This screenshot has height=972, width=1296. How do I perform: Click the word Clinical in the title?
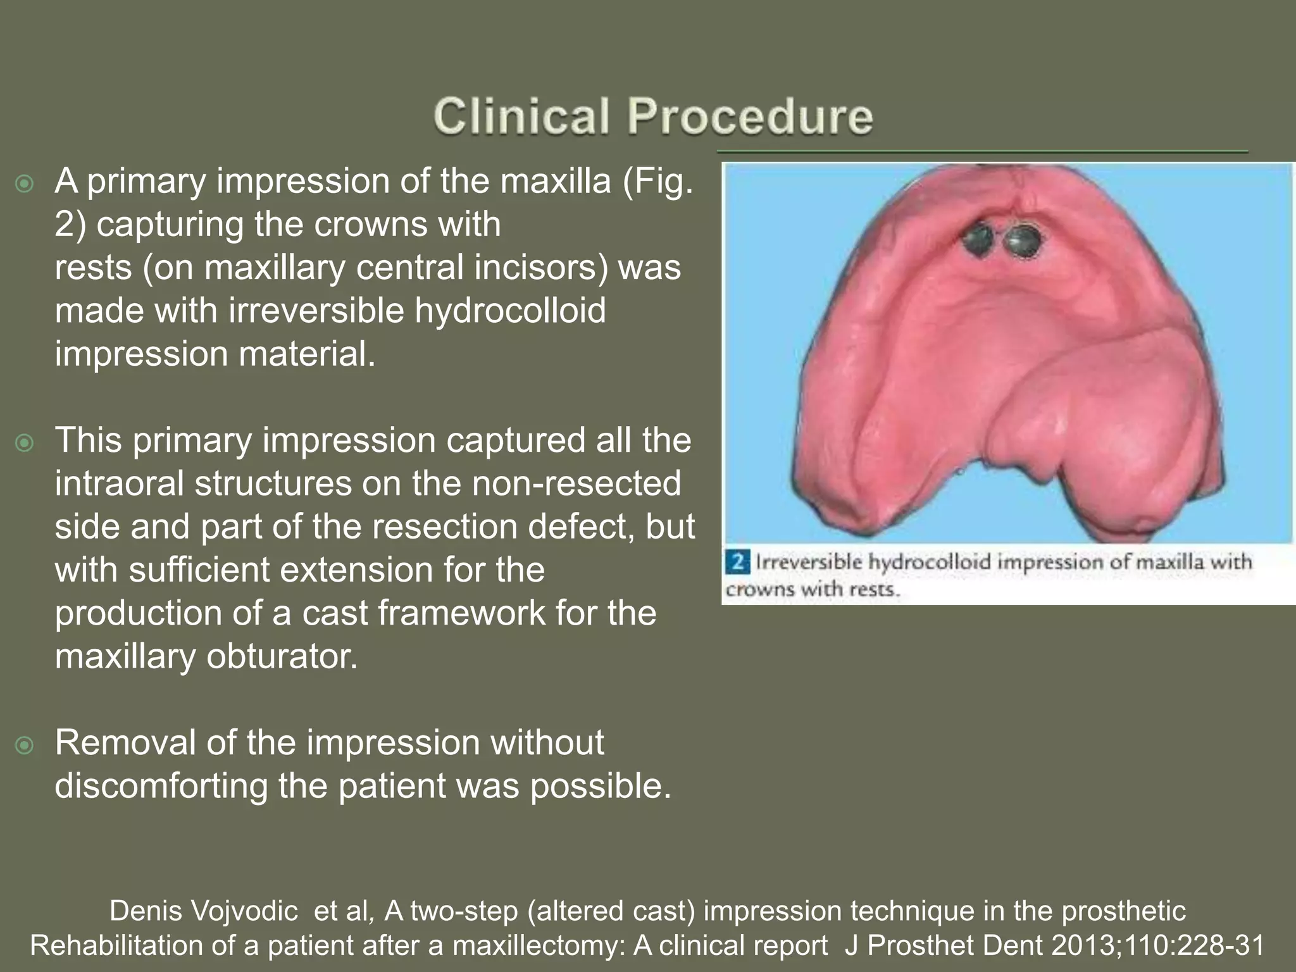click(521, 116)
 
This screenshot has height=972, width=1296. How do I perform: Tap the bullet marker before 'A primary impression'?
click(25, 185)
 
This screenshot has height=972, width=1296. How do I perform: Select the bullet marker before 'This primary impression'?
click(25, 443)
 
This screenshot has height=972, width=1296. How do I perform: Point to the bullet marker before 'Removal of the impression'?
click(25, 745)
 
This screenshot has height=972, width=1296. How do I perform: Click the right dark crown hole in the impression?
click(1020, 240)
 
